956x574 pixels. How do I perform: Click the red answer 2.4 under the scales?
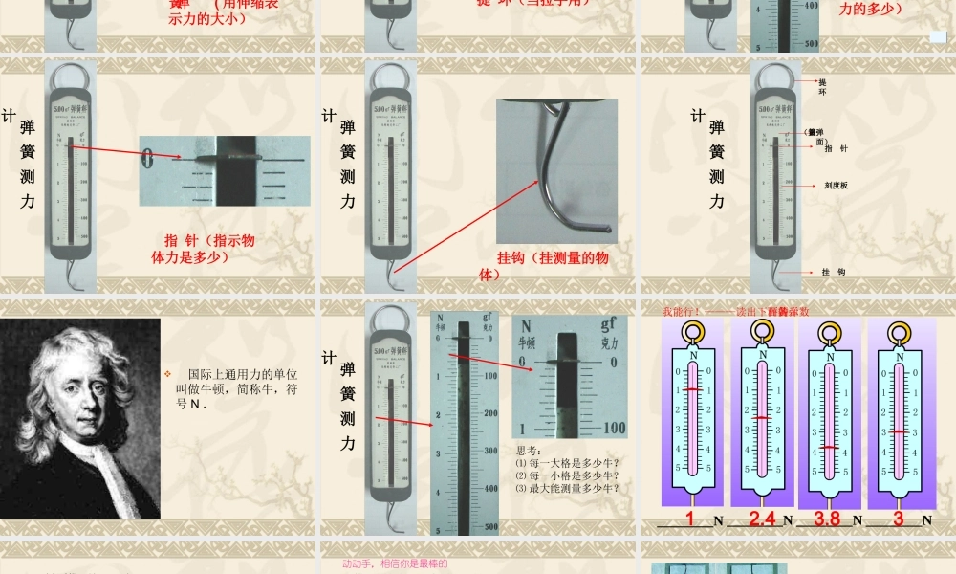pos(762,519)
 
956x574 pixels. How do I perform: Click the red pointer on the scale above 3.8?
pos(830,447)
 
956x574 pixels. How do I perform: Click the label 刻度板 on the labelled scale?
pos(836,186)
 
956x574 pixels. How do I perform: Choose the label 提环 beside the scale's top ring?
pos(822,87)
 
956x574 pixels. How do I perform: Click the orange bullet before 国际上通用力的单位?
pos(166,373)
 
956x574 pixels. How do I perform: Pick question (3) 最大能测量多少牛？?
pos(567,488)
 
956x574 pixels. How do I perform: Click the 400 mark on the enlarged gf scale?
pos(490,488)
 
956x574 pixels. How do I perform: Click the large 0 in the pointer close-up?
pos(148,157)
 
